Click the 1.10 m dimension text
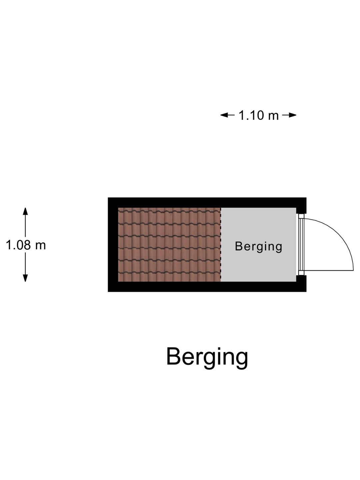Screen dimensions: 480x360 tap(258, 115)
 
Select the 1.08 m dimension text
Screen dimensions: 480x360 tap(26, 245)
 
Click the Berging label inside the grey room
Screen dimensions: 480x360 tap(258, 246)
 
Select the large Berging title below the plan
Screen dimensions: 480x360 tap(207, 357)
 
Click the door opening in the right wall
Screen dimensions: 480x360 tap(301, 245)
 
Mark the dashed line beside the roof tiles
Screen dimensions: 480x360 tap(221, 245)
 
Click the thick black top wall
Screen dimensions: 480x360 tap(207, 202)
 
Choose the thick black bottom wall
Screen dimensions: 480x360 tap(207, 287)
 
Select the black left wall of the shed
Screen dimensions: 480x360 tap(113, 245)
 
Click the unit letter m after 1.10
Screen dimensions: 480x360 tap(273, 116)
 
